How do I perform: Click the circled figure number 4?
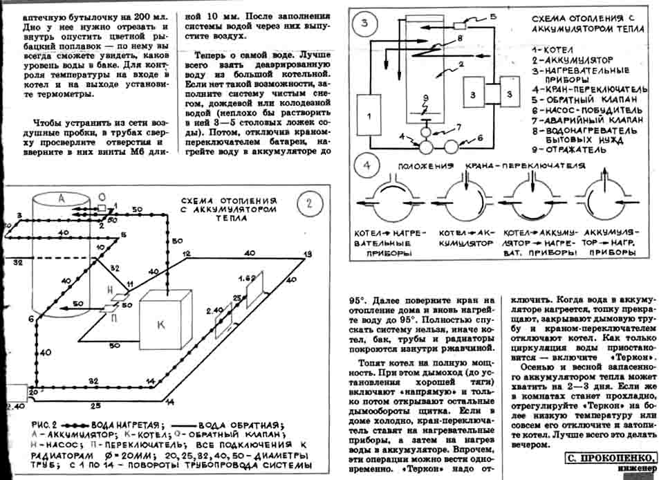click(366, 166)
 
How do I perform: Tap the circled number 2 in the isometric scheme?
click(309, 202)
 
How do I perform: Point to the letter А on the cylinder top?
click(61, 198)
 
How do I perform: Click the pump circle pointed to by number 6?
click(454, 146)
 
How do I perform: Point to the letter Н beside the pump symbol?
click(110, 290)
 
